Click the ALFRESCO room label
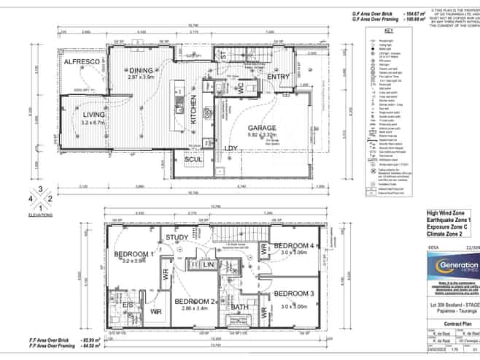pos(81,64)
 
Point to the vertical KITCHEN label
pos(194,112)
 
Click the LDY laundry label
pos(231,149)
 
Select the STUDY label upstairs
pos(177,237)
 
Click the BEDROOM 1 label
pos(133,253)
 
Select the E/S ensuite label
pos(127,304)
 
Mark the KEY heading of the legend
pos(388,31)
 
